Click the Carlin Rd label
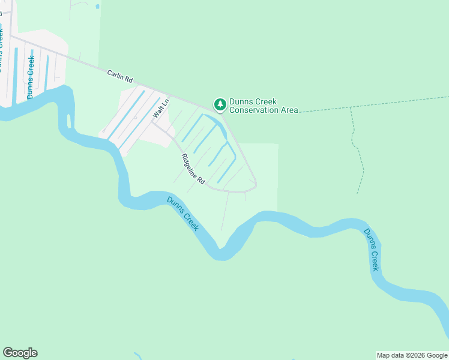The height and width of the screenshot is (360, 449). pos(119,75)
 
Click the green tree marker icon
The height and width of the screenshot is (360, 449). pos(220,105)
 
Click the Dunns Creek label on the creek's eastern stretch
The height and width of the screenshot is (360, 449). pos(372,250)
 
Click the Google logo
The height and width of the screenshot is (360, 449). pos(20,353)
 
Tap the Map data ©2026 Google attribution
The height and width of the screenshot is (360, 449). pos(412,355)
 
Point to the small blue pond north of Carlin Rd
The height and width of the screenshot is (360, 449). pos(97,7)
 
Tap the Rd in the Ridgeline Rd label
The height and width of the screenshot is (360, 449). pos(202,179)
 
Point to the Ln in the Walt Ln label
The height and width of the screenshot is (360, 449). pos(165,103)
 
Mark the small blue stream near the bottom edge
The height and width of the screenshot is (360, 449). pos(139,356)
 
